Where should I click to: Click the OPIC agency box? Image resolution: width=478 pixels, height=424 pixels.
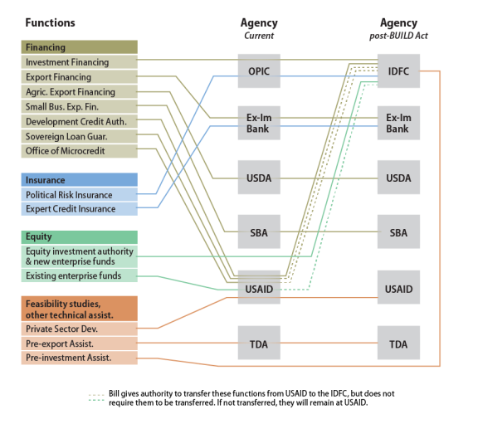(259, 71)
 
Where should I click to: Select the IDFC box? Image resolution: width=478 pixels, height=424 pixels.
(398, 71)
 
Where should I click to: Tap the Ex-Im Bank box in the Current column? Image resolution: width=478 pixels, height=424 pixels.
(259, 123)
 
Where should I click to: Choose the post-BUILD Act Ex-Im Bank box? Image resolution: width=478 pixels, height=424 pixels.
(398, 123)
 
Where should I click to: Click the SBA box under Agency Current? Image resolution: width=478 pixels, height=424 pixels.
(259, 231)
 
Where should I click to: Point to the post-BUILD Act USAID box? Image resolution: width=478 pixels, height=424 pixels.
(398, 287)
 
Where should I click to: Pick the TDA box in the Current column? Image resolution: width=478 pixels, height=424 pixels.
(259, 343)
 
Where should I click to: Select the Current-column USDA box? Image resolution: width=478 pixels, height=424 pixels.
(259, 178)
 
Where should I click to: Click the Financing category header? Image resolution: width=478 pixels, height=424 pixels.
(80, 47)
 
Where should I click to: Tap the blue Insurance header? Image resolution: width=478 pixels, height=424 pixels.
(80, 180)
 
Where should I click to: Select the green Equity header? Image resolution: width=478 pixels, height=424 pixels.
(80, 237)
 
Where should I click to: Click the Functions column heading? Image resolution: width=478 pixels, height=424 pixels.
(50, 23)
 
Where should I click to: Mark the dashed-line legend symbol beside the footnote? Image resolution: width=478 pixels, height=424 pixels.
(96, 397)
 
